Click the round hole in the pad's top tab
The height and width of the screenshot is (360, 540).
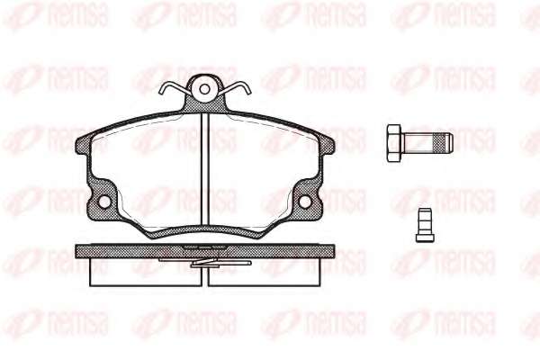tap(204, 89)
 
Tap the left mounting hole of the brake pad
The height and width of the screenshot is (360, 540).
tap(104, 202)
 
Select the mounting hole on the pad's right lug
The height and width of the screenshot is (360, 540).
tap(305, 202)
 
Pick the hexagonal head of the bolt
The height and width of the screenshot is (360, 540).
tap(394, 144)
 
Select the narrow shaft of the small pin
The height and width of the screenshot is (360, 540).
tap(425, 220)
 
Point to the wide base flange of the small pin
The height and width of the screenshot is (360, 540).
tap(425, 238)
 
